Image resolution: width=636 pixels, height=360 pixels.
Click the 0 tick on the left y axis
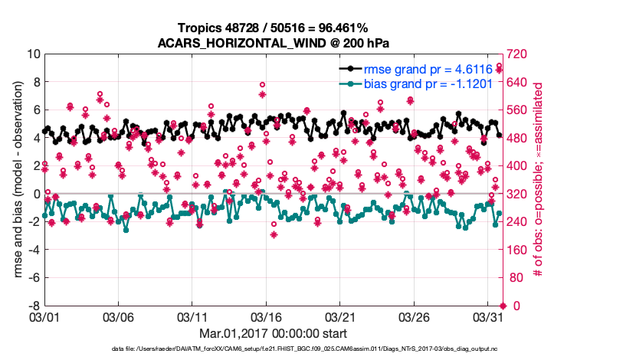coord(35,194)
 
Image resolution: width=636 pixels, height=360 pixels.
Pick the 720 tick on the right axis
coord(517,54)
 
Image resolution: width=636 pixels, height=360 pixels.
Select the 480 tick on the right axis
coord(517,138)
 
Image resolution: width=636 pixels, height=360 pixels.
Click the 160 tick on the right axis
coord(517,250)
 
